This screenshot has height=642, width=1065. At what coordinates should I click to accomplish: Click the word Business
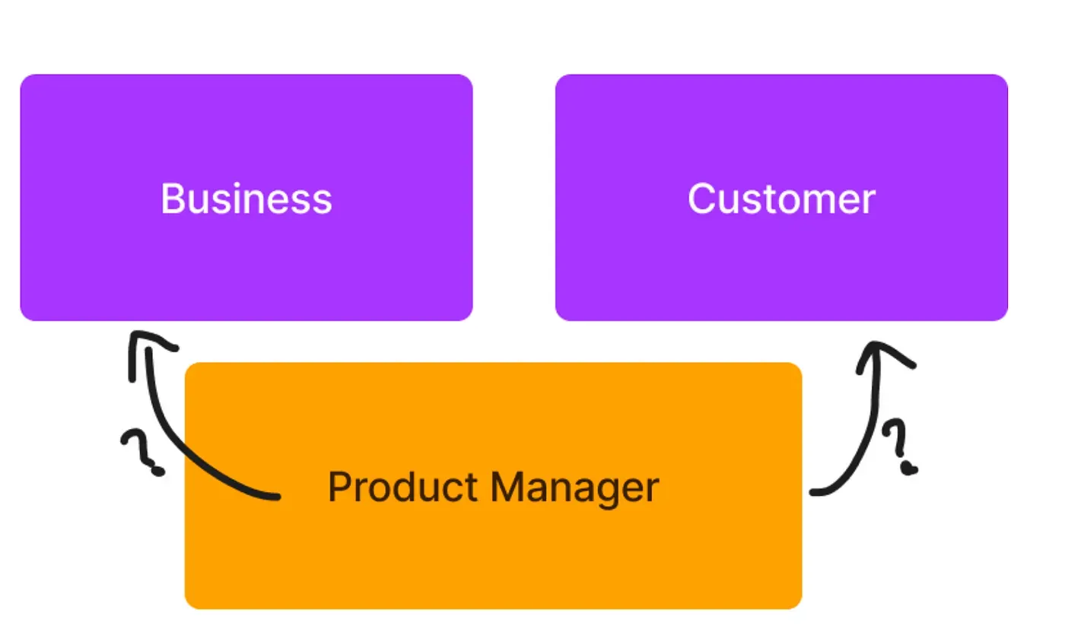click(246, 199)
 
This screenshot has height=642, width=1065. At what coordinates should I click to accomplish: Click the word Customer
click(781, 199)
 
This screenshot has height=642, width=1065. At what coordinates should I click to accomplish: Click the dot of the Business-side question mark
click(157, 471)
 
